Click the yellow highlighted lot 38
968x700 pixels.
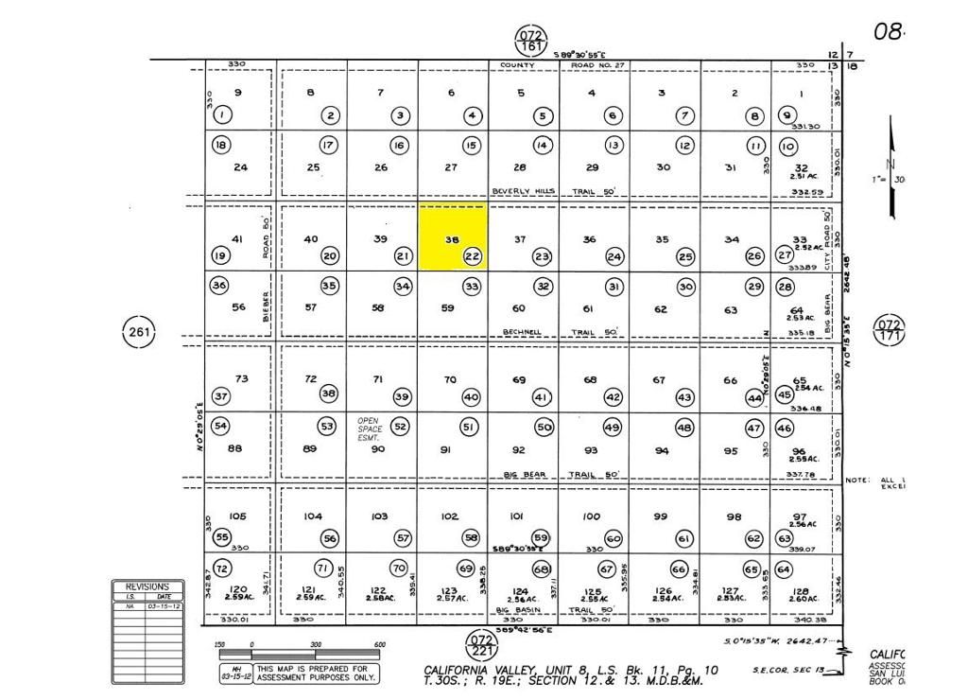pos(453,236)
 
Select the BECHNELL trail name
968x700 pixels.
pos(522,332)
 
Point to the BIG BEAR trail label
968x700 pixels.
pos(525,474)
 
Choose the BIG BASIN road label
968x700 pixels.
pos(517,611)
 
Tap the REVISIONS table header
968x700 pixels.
pos(147,586)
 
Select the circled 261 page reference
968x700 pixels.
pos(138,331)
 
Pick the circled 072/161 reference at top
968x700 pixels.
pos(530,42)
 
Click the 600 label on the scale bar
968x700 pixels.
pos(379,645)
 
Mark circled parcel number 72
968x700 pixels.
pos(222,569)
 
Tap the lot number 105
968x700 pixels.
pos(237,516)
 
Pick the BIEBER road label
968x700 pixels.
pos(267,302)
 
